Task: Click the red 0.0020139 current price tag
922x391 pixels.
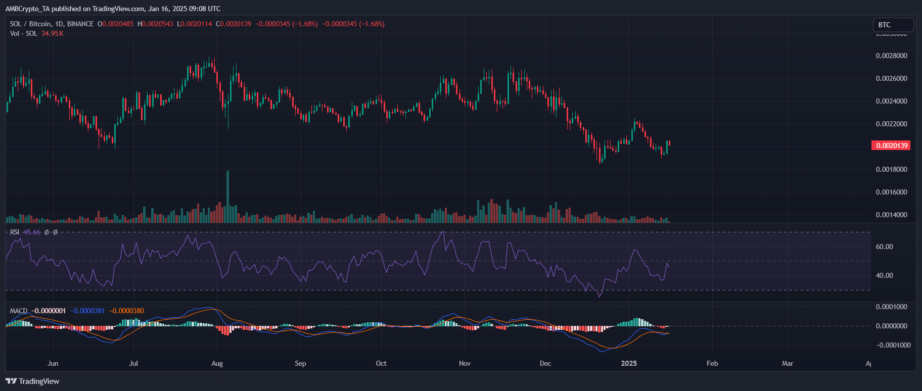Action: pyautogui.click(x=892, y=145)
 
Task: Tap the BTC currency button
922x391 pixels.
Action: pyautogui.click(x=893, y=25)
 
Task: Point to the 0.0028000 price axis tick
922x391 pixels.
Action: pyautogui.click(x=891, y=56)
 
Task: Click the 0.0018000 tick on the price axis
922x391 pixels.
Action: pyautogui.click(x=891, y=169)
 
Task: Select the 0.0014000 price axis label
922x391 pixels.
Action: pyautogui.click(x=891, y=215)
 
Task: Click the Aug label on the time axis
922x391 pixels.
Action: pyautogui.click(x=217, y=363)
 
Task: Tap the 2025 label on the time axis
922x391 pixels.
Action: pyautogui.click(x=629, y=363)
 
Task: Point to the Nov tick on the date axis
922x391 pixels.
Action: pyautogui.click(x=465, y=363)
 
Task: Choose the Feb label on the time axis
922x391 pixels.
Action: pyautogui.click(x=712, y=363)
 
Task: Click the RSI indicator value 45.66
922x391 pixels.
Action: pyautogui.click(x=32, y=232)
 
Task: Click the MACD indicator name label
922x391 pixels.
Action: pyautogui.click(x=19, y=311)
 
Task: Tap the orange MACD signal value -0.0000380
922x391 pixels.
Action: pyautogui.click(x=126, y=311)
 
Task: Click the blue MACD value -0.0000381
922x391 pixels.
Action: pyautogui.click(x=87, y=311)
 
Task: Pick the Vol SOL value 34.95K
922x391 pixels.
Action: pyautogui.click(x=53, y=33)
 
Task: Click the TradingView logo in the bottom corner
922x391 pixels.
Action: pyautogui.click(x=32, y=381)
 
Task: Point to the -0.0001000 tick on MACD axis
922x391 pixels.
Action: pyautogui.click(x=892, y=345)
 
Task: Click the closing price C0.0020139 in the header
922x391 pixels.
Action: pyautogui.click(x=234, y=24)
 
